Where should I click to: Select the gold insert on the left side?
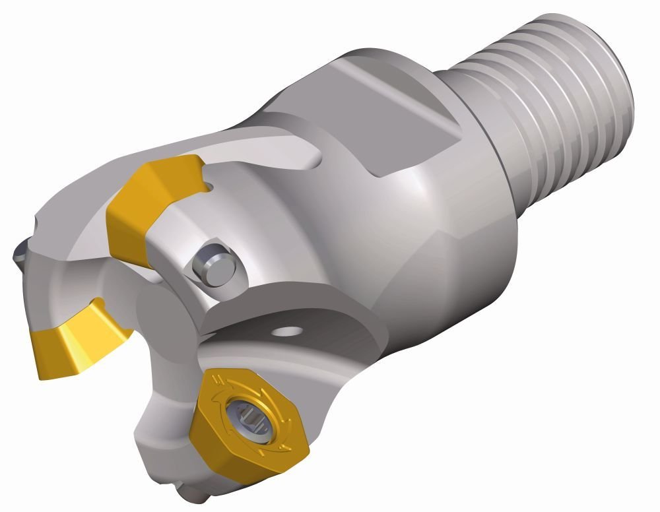click(x=73, y=336)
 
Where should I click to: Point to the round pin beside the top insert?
click(x=213, y=268)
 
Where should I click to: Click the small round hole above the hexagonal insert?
click(x=290, y=330)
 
